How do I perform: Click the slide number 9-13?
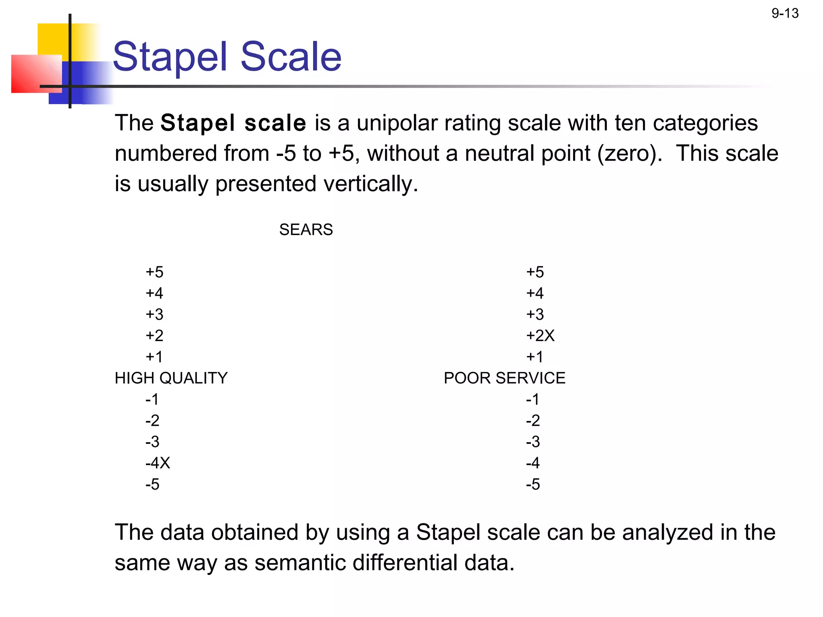785,13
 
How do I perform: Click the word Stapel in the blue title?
170,57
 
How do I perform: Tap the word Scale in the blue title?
291,57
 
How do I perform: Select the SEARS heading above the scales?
306,230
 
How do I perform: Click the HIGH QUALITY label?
171,378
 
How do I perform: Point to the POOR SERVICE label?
504,378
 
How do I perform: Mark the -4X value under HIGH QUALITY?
158,463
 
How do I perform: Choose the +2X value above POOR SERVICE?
540,336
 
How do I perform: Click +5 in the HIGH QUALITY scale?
154,272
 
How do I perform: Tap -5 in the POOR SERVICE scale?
533,484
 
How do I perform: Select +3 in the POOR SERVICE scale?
535,315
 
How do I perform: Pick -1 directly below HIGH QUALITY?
152,399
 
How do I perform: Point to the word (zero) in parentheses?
629,154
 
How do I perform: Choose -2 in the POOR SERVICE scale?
533,421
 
